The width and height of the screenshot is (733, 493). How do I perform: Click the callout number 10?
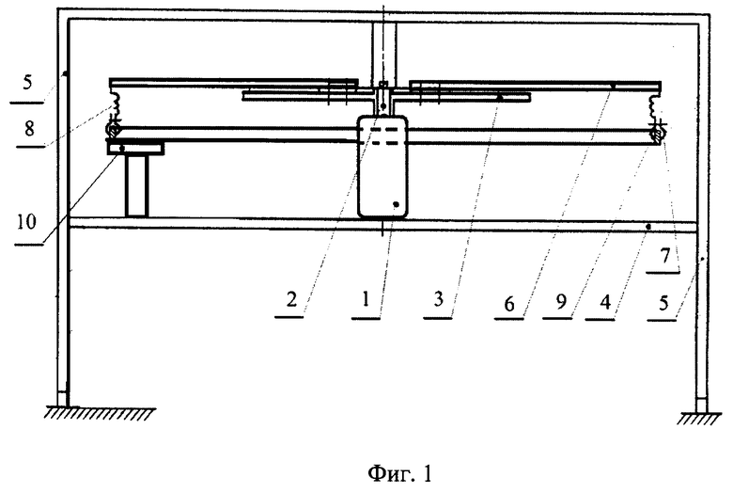pos(26,222)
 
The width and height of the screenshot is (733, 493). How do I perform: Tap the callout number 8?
pos(29,128)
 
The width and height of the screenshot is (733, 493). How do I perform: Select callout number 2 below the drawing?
pos(291,298)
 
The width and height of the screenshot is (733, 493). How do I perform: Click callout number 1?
pos(366,298)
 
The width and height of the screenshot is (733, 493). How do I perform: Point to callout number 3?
pos(438,298)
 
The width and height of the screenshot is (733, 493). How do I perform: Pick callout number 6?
pos(509,303)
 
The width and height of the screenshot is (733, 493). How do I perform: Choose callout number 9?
pos(561,301)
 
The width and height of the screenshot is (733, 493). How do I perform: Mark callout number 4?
pos(605,302)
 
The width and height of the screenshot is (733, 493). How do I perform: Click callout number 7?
pos(665,256)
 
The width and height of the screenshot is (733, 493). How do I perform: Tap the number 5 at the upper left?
pos(27,83)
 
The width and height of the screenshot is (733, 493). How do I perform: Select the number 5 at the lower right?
pos(663,303)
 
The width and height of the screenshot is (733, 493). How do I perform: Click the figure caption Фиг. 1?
pos(400,473)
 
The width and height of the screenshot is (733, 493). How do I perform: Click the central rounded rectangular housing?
pos(382,167)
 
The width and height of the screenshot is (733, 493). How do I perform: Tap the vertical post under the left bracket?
pos(137,186)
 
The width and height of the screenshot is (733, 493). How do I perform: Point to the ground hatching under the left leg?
pos(100,413)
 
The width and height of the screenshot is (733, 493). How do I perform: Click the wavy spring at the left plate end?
pos(113,103)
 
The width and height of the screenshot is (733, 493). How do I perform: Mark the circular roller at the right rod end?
pos(658,135)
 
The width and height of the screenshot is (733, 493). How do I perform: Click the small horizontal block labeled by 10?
pos(135,149)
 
